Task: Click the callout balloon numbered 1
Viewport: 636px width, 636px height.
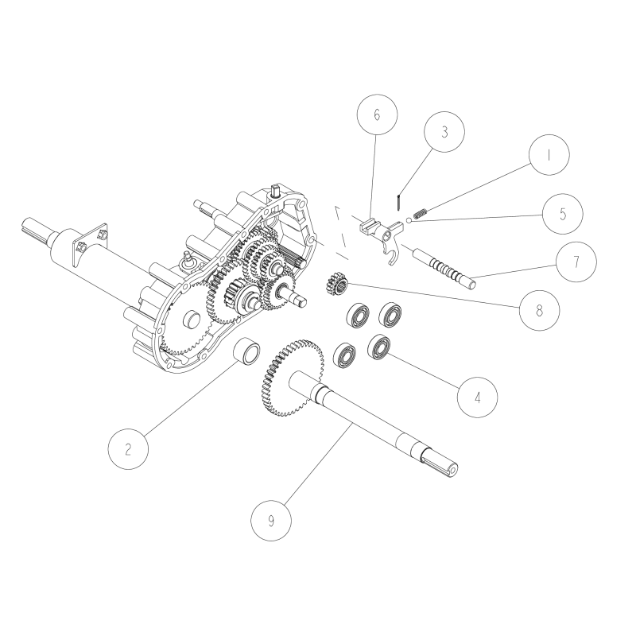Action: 547,156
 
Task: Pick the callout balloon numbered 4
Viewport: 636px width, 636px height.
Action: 478,394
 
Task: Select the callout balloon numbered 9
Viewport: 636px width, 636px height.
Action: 271,521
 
